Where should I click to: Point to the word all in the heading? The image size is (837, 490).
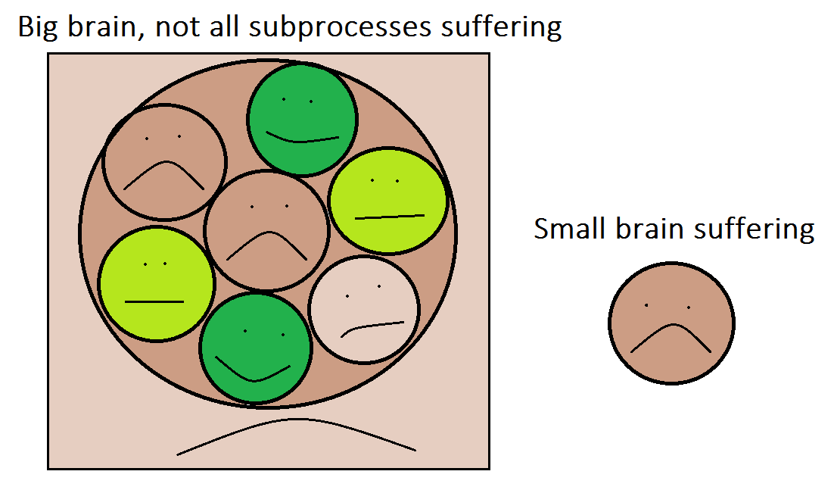[224, 27]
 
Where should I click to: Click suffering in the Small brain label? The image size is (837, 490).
[754, 229]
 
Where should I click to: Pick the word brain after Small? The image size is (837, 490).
[649, 229]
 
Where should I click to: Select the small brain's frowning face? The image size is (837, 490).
[671, 323]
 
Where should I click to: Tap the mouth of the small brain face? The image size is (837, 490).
[672, 325]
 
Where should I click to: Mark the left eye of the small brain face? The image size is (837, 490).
[646, 305]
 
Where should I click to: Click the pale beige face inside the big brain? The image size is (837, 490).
[364, 310]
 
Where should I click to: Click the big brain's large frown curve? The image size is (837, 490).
[297, 420]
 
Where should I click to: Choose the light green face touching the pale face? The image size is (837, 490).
[387, 201]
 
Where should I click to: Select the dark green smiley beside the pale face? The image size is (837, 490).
[256, 348]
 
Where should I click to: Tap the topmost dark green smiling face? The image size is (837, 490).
[302, 119]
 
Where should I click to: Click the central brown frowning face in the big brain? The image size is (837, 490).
[266, 230]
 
